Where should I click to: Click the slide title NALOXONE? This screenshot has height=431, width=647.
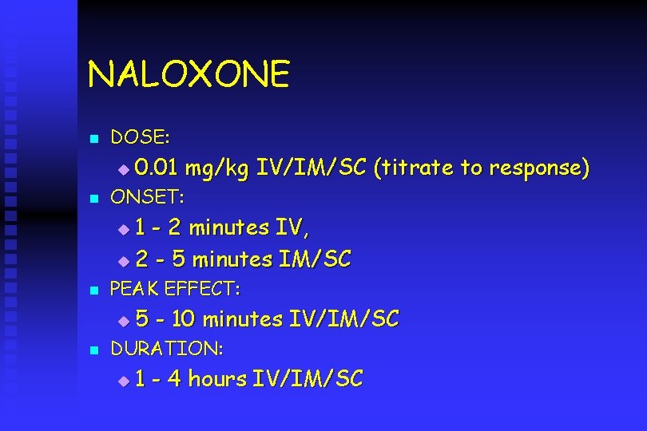[189, 75]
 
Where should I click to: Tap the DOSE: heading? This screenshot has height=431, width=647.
[140, 138]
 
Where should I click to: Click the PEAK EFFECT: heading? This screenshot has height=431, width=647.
[175, 288]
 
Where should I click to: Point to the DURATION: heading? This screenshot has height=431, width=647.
[166, 349]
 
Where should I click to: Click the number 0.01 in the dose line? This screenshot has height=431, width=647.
[157, 168]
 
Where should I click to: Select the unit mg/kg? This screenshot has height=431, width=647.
[216, 168]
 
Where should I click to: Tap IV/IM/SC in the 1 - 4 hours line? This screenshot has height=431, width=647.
[308, 379]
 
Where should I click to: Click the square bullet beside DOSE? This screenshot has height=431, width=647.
[93, 140]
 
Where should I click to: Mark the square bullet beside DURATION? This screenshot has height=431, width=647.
[93, 350]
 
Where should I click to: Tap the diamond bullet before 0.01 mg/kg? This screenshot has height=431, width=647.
[122, 170]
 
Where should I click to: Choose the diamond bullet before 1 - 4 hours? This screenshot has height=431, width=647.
[122, 382]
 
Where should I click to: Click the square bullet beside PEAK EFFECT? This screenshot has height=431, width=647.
[93, 290]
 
